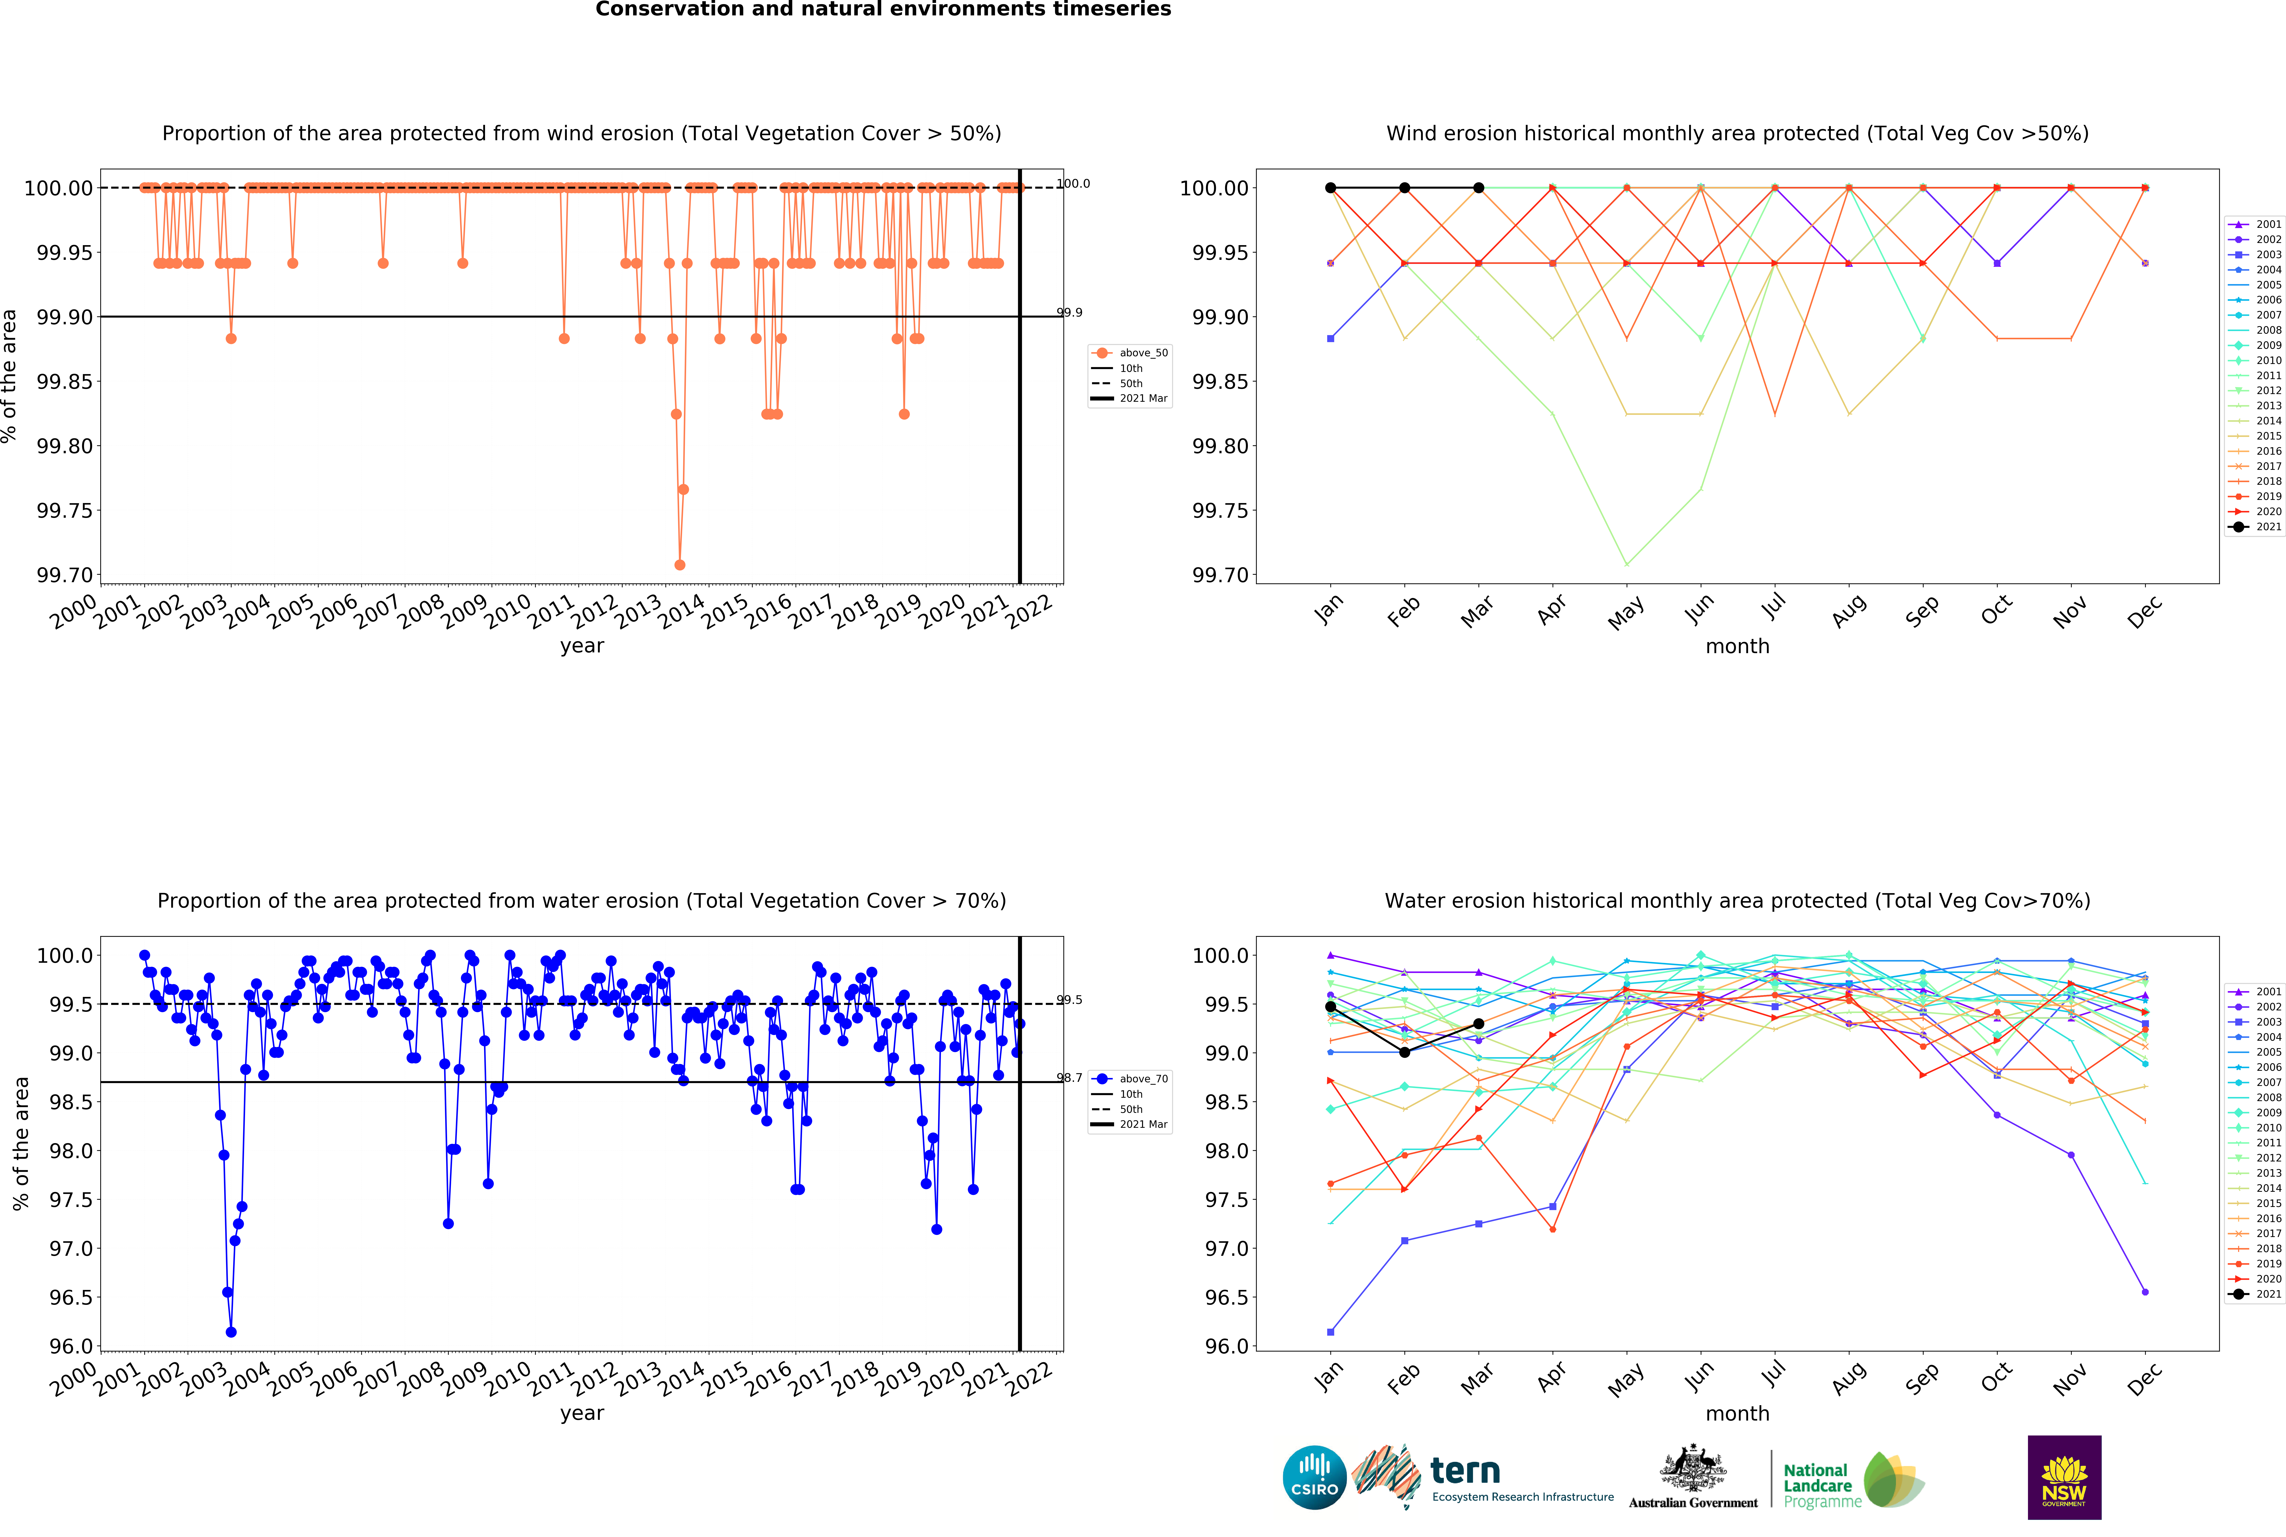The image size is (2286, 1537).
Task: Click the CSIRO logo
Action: pyautogui.click(x=1314, y=1477)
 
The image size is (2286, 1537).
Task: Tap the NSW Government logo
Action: pyautogui.click(x=2064, y=1477)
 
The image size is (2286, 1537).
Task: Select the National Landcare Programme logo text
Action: pyautogui.click(x=1818, y=1485)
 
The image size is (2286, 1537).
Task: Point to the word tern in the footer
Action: pyautogui.click(x=1465, y=1470)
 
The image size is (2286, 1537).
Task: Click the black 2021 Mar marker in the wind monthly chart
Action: pyautogui.click(x=1479, y=187)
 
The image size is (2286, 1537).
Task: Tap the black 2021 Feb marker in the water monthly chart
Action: pyautogui.click(x=1404, y=1052)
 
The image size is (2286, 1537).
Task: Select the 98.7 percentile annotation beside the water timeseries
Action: pyautogui.click(x=1069, y=1077)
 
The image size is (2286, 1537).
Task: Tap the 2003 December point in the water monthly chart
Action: pyautogui.click(x=2145, y=1023)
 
